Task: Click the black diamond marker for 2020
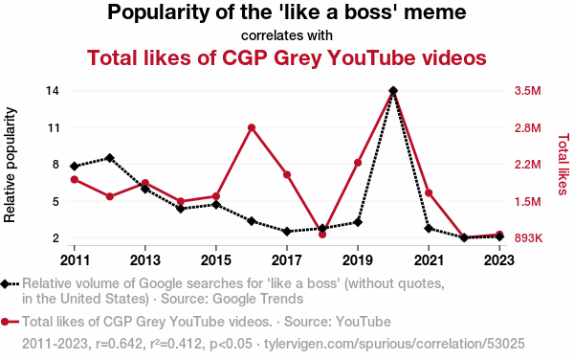pyautogui.click(x=393, y=90)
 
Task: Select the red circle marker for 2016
pyautogui.click(x=252, y=127)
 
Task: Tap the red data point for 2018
pyautogui.click(x=322, y=234)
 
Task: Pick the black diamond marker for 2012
pyautogui.click(x=110, y=158)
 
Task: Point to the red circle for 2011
pyautogui.click(x=75, y=179)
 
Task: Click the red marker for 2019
pyautogui.click(x=358, y=163)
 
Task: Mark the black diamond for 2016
pyautogui.click(x=252, y=221)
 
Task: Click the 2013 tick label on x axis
pyautogui.click(x=145, y=260)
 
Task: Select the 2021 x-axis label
pyautogui.click(x=429, y=260)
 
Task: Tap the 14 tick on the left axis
pyautogui.click(x=53, y=91)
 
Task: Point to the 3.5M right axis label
pyautogui.click(x=527, y=91)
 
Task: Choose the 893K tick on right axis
pyautogui.click(x=528, y=238)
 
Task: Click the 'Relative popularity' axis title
pyautogui.click(x=10, y=165)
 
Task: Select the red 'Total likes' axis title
pyautogui.click(x=563, y=165)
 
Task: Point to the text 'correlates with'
pyautogui.click(x=287, y=35)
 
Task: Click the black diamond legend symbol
pyautogui.click(x=10, y=284)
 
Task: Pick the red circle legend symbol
pyautogui.click(x=10, y=322)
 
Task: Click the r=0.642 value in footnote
pyautogui.click(x=119, y=344)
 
